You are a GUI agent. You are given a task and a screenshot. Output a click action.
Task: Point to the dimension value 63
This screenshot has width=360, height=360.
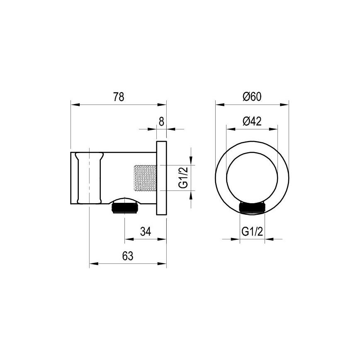[x=128, y=256]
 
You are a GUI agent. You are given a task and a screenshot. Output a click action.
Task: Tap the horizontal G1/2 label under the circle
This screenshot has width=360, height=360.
[x=252, y=231]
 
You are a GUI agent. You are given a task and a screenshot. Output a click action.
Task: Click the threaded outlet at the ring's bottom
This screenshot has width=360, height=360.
[x=252, y=209]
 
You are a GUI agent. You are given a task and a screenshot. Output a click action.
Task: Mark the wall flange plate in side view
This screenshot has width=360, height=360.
[x=161, y=178]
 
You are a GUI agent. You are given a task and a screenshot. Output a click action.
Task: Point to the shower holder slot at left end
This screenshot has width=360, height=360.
[x=88, y=178]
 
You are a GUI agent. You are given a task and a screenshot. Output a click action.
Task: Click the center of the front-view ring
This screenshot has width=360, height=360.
[x=252, y=178]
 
